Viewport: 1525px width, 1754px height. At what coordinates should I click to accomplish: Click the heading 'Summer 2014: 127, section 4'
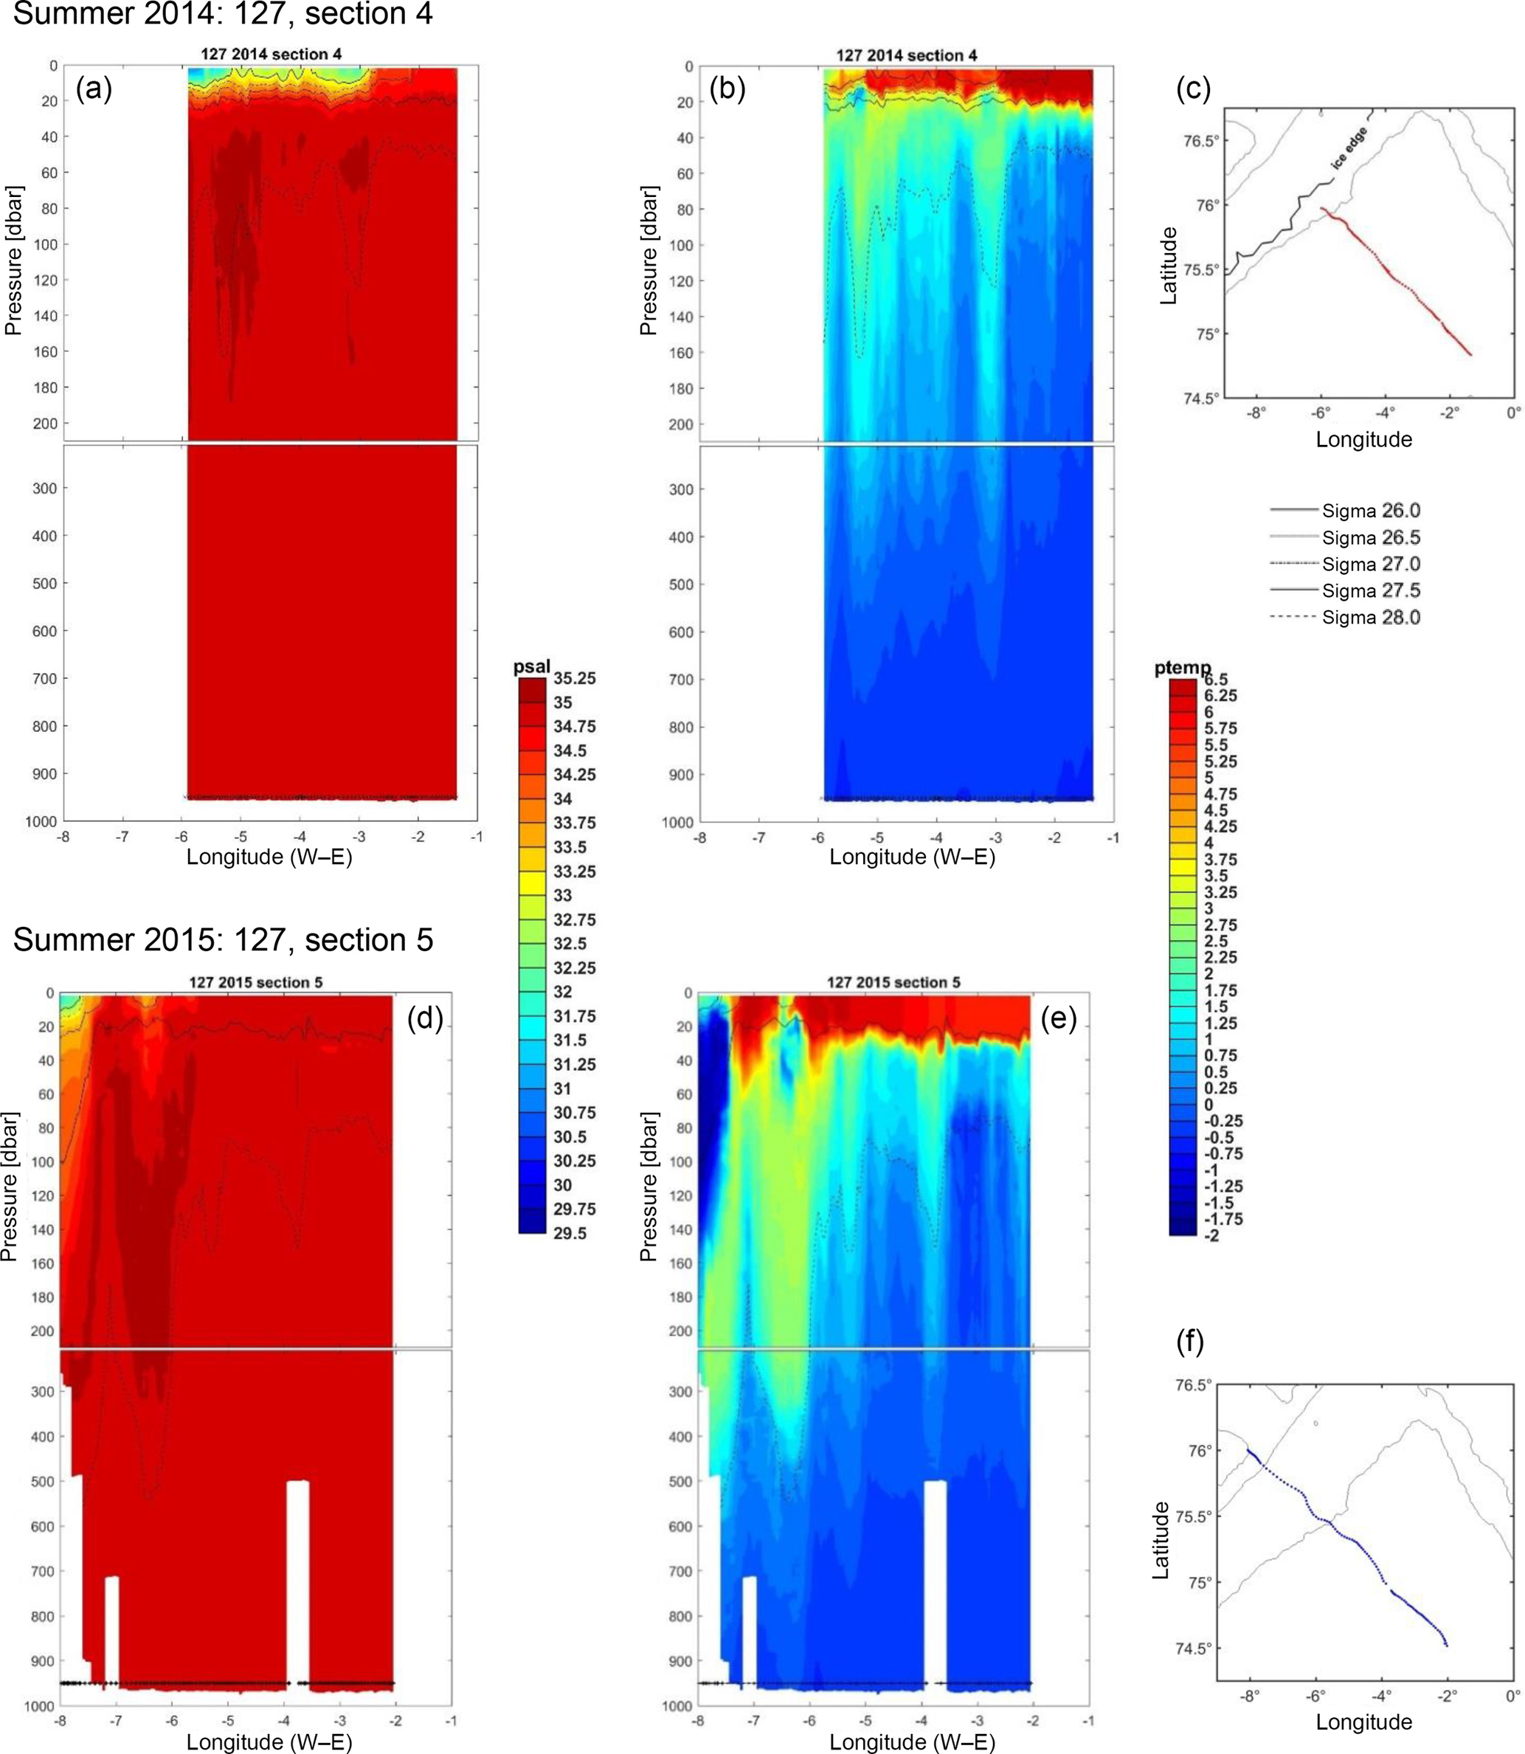point(223,15)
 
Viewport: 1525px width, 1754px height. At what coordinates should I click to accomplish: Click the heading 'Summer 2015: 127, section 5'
point(223,940)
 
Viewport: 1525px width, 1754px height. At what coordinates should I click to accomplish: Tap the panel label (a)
point(94,88)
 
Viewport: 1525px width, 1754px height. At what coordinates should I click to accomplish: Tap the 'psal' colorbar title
point(532,666)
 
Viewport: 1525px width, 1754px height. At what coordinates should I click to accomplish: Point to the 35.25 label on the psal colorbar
point(575,678)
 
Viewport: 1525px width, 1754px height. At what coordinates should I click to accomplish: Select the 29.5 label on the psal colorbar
point(570,1233)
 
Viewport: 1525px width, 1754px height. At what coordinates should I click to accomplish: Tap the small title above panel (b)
point(906,55)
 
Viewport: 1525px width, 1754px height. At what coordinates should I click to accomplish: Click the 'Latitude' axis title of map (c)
point(1169,266)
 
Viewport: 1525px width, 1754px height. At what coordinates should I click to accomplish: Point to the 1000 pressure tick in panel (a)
point(41,822)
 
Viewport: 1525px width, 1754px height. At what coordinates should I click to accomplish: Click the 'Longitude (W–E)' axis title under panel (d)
point(269,1741)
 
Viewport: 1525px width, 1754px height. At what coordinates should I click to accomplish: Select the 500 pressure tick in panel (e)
point(682,1482)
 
